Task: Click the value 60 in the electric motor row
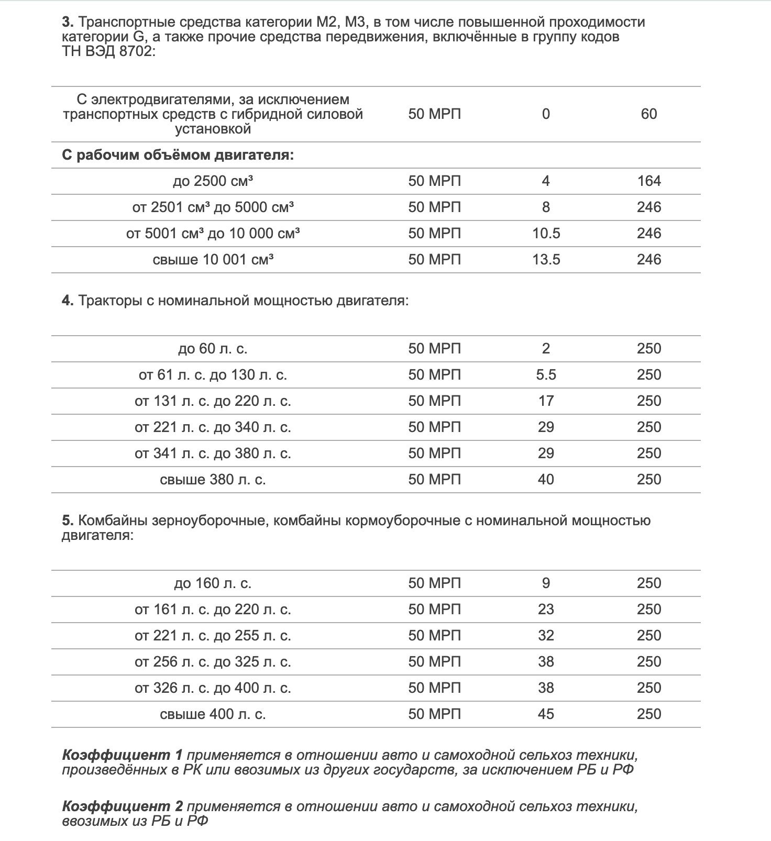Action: click(x=648, y=114)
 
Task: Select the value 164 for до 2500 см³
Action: click(x=649, y=181)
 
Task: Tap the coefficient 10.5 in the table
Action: click(x=546, y=234)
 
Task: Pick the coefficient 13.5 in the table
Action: click(x=546, y=260)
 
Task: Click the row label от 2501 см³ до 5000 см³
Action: click(x=213, y=207)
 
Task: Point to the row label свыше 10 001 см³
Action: click(x=213, y=260)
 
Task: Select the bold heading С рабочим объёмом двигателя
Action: click(x=178, y=156)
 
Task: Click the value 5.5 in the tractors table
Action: click(x=546, y=375)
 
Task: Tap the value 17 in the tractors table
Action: click(x=546, y=401)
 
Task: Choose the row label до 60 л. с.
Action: click(x=213, y=349)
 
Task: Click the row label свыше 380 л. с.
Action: click(x=213, y=480)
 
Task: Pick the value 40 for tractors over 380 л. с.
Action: click(x=546, y=480)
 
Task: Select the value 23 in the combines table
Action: click(x=546, y=610)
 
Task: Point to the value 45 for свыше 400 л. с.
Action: click(x=546, y=714)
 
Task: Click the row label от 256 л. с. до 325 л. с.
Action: click(x=213, y=662)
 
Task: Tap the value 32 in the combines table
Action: click(x=546, y=636)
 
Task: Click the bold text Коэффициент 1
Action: click(x=122, y=755)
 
